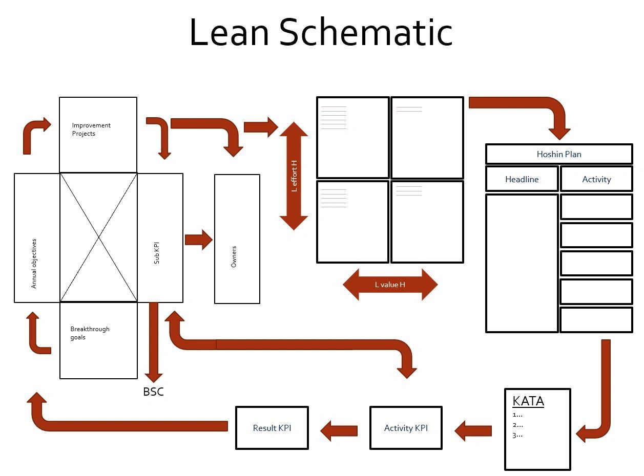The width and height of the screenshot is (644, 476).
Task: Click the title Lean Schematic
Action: (x=321, y=32)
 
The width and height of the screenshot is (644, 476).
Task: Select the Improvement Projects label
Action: (x=91, y=129)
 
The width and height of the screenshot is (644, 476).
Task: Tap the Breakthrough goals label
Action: (x=90, y=333)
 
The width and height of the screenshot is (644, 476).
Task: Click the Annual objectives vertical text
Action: (x=34, y=263)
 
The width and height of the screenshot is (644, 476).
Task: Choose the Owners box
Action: (x=237, y=239)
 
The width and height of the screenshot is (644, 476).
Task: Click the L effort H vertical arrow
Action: (x=294, y=176)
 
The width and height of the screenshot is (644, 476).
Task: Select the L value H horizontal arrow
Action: (x=390, y=285)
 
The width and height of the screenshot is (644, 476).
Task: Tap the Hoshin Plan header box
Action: (x=558, y=154)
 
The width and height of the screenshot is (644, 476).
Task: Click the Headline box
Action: (x=522, y=179)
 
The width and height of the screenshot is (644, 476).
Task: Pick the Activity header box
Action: (x=596, y=179)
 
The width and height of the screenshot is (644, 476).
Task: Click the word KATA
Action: (x=528, y=401)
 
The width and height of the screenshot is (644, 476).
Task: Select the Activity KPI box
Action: (x=406, y=428)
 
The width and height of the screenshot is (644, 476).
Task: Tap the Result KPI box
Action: (x=272, y=428)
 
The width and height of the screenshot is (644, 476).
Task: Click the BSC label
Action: (x=153, y=392)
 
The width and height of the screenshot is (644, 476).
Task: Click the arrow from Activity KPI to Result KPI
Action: (x=339, y=430)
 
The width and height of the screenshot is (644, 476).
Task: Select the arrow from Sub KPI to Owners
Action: (x=198, y=240)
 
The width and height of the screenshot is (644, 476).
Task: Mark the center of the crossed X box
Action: (x=99, y=237)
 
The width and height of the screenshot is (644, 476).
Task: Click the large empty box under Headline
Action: (x=522, y=263)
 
